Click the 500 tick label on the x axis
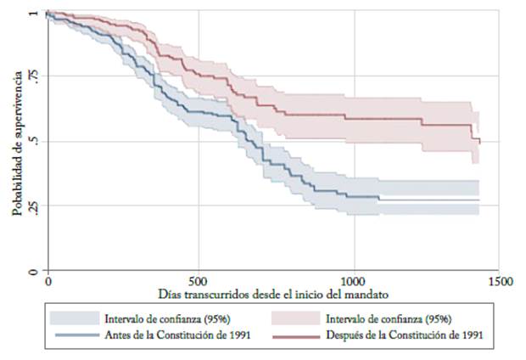pyautogui.click(x=199, y=280)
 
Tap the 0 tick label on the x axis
pyautogui.click(x=48, y=280)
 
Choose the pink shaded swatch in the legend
pyautogui.click(x=295, y=318)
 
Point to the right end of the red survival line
pyautogui.click(x=479, y=141)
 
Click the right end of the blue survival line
pyautogui.click(x=478, y=200)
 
